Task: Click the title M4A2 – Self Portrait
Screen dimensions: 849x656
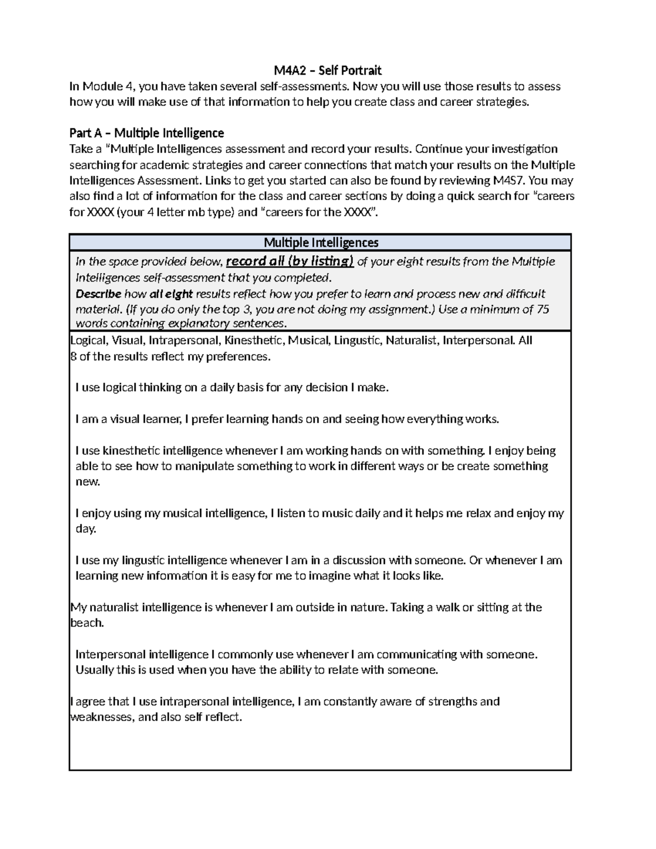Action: click(327, 70)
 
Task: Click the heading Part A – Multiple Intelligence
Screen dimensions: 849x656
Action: click(147, 133)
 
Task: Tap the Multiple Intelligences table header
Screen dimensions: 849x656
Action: click(320, 242)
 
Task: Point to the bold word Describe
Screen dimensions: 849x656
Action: click(98, 294)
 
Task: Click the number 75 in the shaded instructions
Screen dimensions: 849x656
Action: click(543, 309)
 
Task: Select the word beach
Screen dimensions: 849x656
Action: click(87, 623)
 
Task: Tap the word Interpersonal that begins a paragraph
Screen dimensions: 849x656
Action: click(111, 654)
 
